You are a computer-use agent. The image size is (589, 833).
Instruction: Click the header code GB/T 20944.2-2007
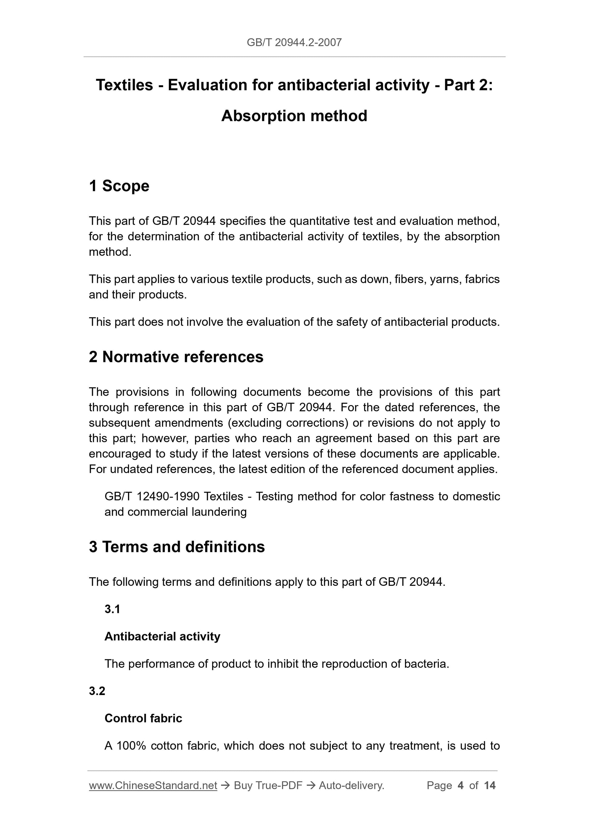[x=294, y=42]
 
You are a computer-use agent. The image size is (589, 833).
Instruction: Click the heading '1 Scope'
[x=119, y=186]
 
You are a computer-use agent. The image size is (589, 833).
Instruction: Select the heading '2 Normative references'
[x=176, y=357]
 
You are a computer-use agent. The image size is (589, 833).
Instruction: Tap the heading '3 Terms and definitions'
[x=177, y=547]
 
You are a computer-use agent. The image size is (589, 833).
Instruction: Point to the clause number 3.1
[x=112, y=609]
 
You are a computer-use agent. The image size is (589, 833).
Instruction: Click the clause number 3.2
[x=97, y=691]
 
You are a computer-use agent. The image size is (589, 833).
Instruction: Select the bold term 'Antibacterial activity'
[x=162, y=636]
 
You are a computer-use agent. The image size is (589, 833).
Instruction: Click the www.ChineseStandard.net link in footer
[x=153, y=785]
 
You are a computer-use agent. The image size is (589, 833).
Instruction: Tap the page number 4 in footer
[x=461, y=785]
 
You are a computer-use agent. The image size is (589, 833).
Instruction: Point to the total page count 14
[x=489, y=785]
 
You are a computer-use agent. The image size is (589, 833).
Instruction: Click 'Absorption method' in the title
[x=294, y=116]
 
